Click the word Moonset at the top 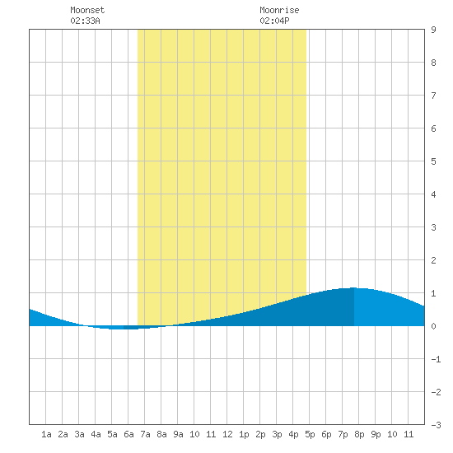[x=87, y=11]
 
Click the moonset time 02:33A [x=85, y=21]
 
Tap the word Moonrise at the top [x=279, y=11]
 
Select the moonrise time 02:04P [x=274, y=21]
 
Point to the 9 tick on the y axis [x=433, y=30]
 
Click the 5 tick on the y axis [x=433, y=161]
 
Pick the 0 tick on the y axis [x=433, y=326]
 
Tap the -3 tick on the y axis [x=436, y=425]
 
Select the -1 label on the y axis [x=436, y=359]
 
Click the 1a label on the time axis [x=46, y=434]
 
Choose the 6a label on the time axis [x=128, y=434]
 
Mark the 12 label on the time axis [x=227, y=434]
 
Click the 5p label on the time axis [x=310, y=434]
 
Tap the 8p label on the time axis [x=359, y=434]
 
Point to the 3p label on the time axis [x=277, y=434]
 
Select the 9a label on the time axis [x=178, y=434]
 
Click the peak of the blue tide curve [x=353, y=288]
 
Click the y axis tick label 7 [x=433, y=96]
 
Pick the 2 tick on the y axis [x=433, y=260]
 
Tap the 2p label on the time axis [x=260, y=434]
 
